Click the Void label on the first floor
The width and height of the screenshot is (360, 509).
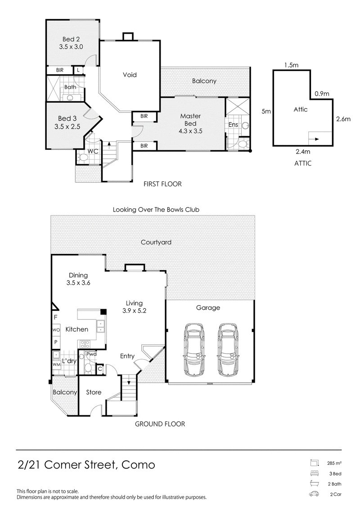tap(130, 75)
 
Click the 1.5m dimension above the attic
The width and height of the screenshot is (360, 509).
tap(291, 65)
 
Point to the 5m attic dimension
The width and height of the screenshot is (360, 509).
tap(266, 111)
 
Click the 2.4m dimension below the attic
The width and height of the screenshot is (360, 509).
tap(303, 151)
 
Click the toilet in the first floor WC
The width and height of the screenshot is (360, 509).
tap(83, 158)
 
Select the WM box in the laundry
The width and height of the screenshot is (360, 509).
tap(57, 365)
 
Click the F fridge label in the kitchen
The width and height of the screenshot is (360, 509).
tap(55, 317)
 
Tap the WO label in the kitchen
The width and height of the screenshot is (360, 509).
tap(56, 330)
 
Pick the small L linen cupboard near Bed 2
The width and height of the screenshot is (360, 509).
tap(78, 70)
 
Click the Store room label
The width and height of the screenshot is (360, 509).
tap(94, 392)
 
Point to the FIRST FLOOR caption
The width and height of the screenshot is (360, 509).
tap(162, 184)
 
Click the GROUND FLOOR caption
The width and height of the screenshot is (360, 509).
tap(160, 424)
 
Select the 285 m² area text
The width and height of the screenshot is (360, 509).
tap(334, 463)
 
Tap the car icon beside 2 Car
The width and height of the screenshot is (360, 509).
tap(314, 495)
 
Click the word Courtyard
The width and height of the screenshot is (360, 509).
tap(156, 242)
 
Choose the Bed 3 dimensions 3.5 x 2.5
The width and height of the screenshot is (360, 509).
tap(67, 126)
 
